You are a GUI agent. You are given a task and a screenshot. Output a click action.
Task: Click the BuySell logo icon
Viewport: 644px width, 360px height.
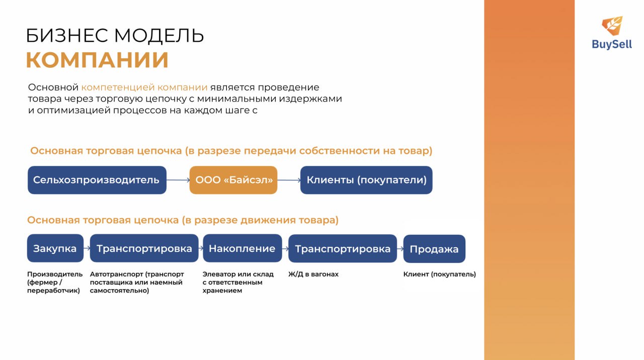[612, 26]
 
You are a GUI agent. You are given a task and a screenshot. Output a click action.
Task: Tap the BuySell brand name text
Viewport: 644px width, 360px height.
[612, 44]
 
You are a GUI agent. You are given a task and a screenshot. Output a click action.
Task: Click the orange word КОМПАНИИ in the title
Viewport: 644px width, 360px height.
[97, 60]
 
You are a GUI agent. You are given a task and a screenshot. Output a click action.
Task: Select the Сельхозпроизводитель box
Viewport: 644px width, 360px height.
[97, 180]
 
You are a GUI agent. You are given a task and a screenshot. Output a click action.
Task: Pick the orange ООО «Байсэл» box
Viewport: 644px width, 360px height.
[233, 180]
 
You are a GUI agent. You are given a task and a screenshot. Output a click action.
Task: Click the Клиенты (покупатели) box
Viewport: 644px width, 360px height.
[366, 180]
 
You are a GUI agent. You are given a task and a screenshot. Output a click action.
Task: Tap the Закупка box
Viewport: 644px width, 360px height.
[55, 248]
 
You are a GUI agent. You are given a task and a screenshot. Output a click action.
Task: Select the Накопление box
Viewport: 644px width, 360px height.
[243, 248]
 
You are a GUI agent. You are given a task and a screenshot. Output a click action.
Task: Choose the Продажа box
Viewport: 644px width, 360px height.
[434, 249]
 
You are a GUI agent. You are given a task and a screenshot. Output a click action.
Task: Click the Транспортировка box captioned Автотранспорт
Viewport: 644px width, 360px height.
[144, 248]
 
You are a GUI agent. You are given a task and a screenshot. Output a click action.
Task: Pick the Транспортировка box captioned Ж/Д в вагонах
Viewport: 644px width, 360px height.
[343, 248]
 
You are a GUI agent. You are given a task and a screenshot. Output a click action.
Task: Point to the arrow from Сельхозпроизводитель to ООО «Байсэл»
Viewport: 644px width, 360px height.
[178, 180]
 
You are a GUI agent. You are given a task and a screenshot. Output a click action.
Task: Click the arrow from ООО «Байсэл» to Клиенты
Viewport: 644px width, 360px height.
[289, 180]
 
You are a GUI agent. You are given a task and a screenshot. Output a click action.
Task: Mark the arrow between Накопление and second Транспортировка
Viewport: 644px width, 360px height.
[285, 248]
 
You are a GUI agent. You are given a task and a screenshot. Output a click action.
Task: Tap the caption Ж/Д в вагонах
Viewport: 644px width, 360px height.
[313, 274]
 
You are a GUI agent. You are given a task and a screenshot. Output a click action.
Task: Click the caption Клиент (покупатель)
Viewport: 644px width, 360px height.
[440, 274]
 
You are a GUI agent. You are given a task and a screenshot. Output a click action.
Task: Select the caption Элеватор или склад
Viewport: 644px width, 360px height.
[238, 274]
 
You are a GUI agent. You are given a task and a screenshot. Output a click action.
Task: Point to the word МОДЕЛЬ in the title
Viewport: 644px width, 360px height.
[159, 36]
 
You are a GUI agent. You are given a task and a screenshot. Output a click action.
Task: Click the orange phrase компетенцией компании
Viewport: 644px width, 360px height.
[144, 87]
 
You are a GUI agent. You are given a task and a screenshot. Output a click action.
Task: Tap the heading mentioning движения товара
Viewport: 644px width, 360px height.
[183, 220]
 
